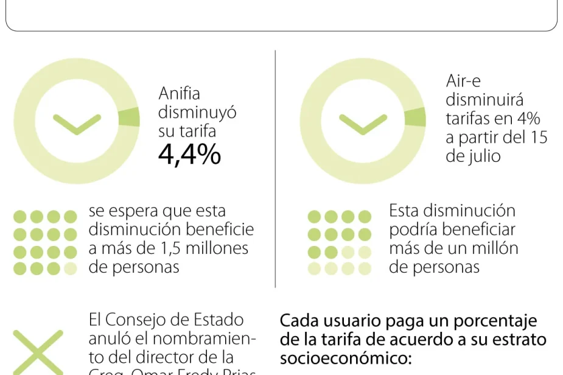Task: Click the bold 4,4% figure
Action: pyautogui.click(x=189, y=155)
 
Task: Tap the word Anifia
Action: pyautogui.click(x=179, y=94)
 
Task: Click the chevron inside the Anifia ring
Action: pyautogui.click(x=77, y=124)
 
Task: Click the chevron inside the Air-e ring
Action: pyautogui.click(x=363, y=124)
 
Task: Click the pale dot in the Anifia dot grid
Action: pyautogui.click(x=71, y=268)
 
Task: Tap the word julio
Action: pyautogui.click(x=481, y=156)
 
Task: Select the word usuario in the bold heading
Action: pyautogui.click(x=352, y=321)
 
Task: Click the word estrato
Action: pyautogui.click(x=517, y=339)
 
